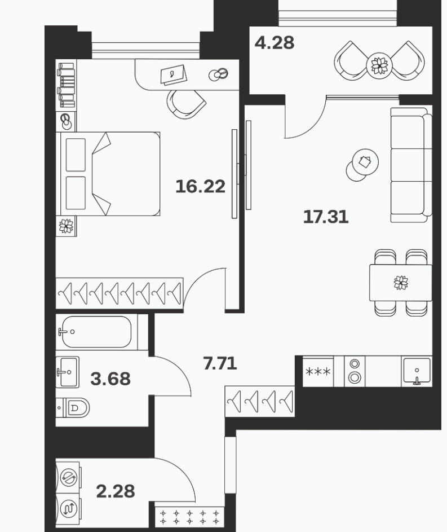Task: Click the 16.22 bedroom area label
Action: pyautogui.click(x=200, y=187)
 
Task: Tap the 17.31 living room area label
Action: pyautogui.click(x=326, y=217)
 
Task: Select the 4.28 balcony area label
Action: pyautogui.click(x=275, y=43)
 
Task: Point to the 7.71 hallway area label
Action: pyautogui.click(x=220, y=363)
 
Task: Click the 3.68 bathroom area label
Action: pyautogui.click(x=110, y=379)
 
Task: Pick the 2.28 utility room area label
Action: pyautogui.click(x=116, y=491)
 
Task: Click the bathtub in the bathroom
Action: pyautogui.click(x=96, y=332)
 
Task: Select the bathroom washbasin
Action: pyautogui.click(x=68, y=372)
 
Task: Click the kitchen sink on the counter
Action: pyautogui.click(x=417, y=371)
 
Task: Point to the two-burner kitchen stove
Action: pyautogui.click(x=355, y=371)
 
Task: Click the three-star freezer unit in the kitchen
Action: pyautogui.click(x=318, y=371)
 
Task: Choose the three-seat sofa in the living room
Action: pyautogui.click(x=411, y=165)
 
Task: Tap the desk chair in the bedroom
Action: pyautogui.click(x=186, y=104)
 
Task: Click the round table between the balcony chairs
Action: pyautogui.click(x=379, y=65)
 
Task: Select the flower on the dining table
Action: pyautogui.click(x=401, y=282)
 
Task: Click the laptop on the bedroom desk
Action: pyautogui.click(x=174, y=74)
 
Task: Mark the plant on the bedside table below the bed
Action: pyautogui.click(x=66, y=226)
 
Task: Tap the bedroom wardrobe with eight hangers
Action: pyautogui.click(x=120, y=293)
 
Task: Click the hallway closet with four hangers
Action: pyautogui.click(x=260, y=401)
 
